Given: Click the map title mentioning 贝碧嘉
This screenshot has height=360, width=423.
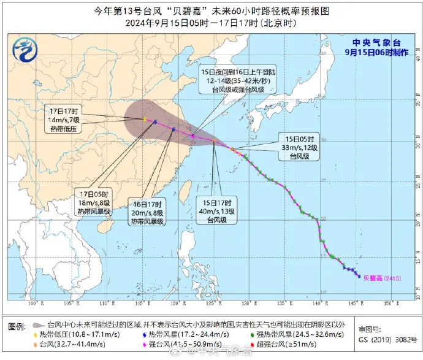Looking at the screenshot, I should [211, 10].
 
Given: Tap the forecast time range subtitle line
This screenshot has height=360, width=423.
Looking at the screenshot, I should [211, 23].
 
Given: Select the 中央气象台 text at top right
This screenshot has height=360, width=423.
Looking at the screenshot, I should [378, 42].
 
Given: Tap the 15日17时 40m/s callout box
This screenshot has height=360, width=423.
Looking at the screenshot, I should [214, 210].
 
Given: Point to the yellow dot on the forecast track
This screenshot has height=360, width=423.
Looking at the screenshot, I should [144, 119].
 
